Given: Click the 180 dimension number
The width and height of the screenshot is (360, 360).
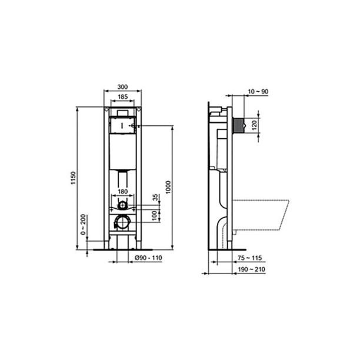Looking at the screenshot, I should tap(122, 191).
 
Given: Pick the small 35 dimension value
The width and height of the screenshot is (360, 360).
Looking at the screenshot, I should tap(155, 197).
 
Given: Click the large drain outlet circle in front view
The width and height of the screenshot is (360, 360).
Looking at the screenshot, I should tap(122, 222).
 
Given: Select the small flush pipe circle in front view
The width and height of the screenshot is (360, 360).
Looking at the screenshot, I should tap(122, 205).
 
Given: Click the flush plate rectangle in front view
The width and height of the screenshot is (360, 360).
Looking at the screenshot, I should tap(122, 125).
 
